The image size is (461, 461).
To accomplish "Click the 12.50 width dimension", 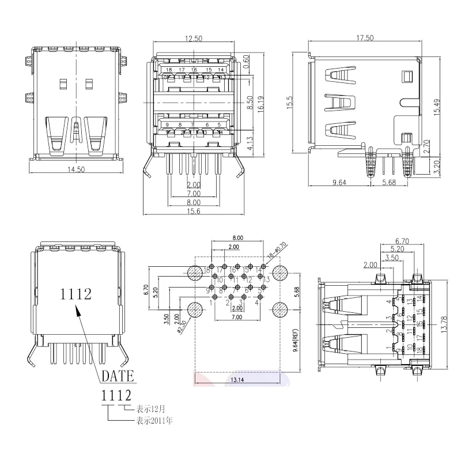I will (x=194, y=39).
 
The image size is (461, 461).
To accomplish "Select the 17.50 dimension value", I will (x=365, y=38).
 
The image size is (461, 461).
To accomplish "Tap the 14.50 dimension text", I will (x=76, y=169).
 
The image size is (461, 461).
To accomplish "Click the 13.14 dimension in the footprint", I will (x=237, y=380).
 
